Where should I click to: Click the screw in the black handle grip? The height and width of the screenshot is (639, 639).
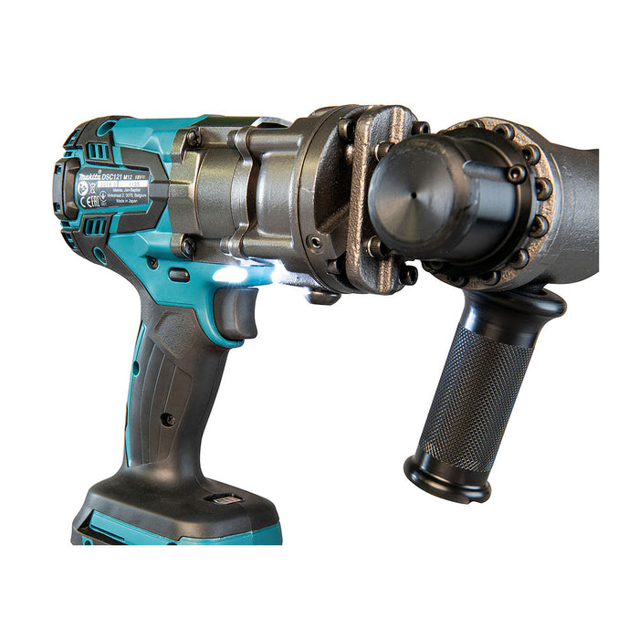pos(167,419)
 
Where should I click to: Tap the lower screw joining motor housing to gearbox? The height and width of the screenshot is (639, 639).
pos(188,245)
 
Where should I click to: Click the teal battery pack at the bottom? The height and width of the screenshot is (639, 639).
pos(173,529)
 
